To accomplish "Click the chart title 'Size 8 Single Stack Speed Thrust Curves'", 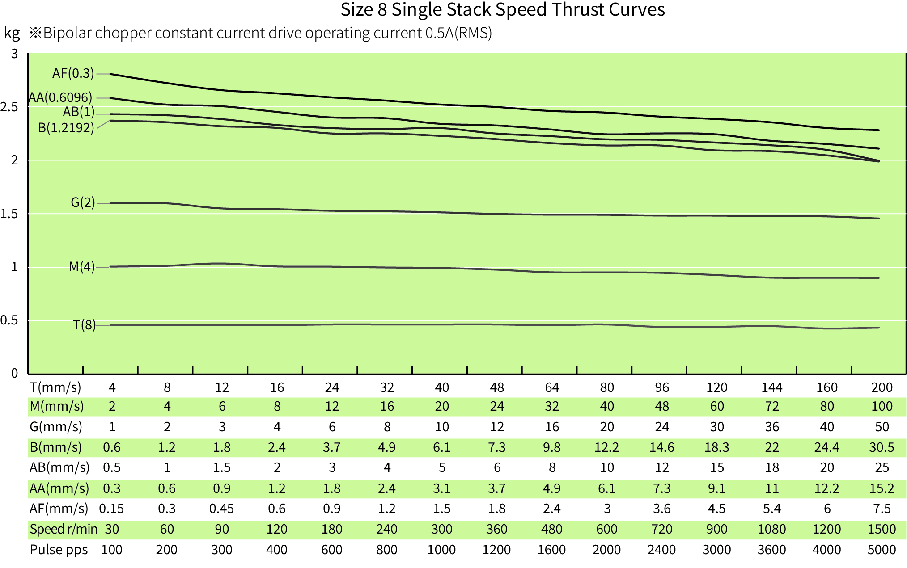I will pos(502,10).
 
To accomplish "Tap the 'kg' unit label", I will pos(12,33).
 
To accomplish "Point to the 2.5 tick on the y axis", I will pos(9,107).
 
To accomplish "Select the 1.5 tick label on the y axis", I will pos(9,214).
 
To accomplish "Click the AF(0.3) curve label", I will pos(73,73).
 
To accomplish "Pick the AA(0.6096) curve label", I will pos(60,97).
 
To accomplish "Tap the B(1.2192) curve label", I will pos(66,128).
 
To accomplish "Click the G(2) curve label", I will pos(83,202).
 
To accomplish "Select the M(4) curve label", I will pos(81,267).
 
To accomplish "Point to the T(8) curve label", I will pos(84,325).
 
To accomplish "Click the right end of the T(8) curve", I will pos(878,328).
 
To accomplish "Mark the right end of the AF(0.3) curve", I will pos(878,130).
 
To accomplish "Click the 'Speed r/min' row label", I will pos(63,529).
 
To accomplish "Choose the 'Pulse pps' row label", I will pos(59,550).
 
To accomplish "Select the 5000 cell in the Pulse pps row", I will pos(881,550).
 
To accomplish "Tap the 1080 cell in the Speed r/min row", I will pos(771,529).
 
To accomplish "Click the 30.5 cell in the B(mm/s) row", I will pos(881,447).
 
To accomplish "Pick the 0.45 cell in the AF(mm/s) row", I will pos(221,509).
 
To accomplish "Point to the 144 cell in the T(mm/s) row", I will pos(771,387).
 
